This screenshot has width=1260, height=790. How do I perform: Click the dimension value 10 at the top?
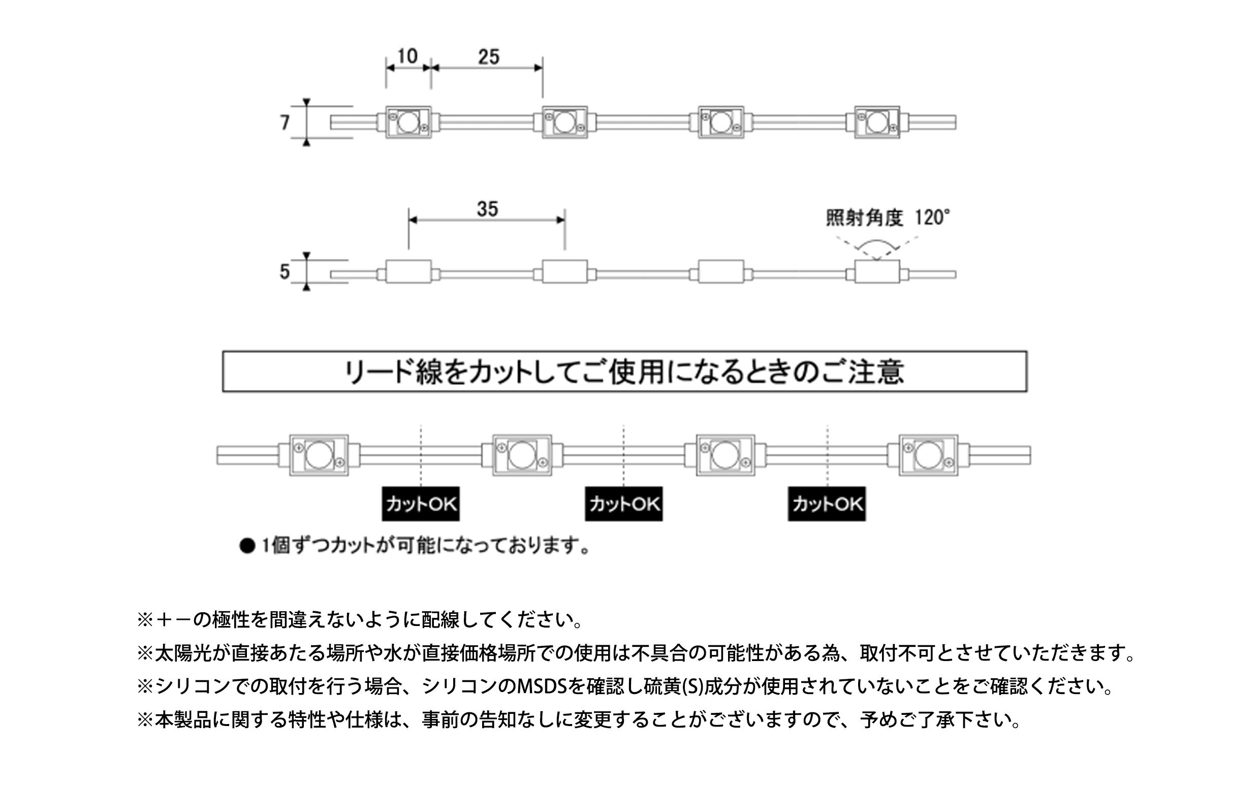click(408, 56)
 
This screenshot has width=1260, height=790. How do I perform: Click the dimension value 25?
click(489, 56)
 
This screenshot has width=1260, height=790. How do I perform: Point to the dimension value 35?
click(487, 209)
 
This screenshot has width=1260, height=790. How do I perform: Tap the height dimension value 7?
click(285, 123)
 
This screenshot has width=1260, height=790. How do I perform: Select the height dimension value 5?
click(285, 272)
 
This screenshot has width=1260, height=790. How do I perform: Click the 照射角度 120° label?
click(888, 217)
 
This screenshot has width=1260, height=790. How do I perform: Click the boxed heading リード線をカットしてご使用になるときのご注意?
click(624, 372)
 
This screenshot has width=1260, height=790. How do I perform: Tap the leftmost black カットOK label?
click(421, 504)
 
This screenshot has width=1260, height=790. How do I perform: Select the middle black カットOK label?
click(624, 504)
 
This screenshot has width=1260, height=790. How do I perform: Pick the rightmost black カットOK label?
click(827, 504)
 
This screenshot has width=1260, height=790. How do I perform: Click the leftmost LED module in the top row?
click(408, 122)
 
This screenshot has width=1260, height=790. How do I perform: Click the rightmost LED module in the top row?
click(877, 122)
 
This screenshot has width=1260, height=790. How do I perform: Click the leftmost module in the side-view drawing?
click(408, 272)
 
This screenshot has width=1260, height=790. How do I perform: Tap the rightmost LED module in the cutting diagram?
click(929, 455)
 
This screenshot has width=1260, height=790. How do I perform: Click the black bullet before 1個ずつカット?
click(247, 546)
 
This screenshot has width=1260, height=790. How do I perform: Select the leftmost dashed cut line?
click(421, 455)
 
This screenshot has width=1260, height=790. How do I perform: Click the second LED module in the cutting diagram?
click(522, 455)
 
